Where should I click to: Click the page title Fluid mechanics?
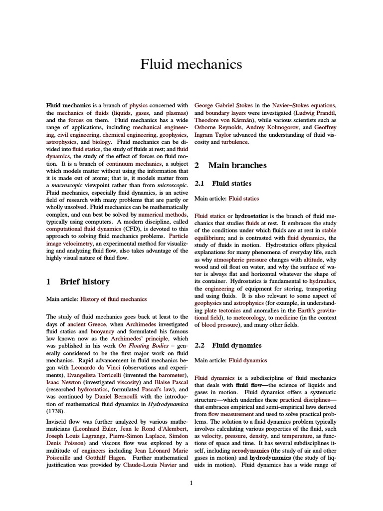[x=191, y=64]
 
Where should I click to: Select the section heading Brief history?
[x=85, y=281]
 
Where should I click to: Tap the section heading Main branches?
[x=237, y=165]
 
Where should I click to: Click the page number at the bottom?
[x=191, y=482]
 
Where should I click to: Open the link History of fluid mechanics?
[x=114, y=299]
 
